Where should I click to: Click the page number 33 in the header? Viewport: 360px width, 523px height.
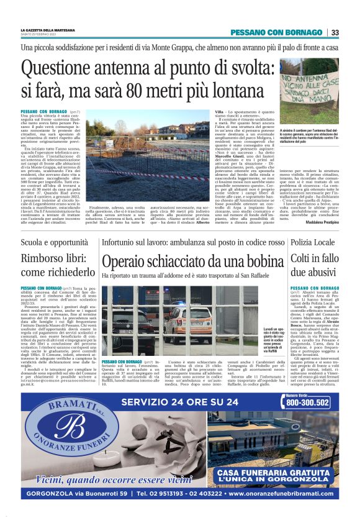pyautogui.click(x=335, y=32)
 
